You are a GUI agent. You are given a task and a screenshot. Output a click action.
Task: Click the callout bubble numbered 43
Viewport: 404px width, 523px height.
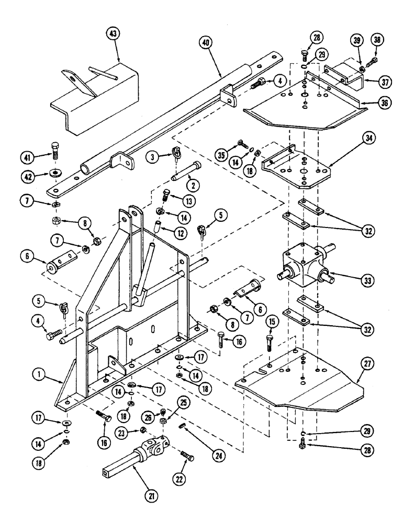tap(113, 34)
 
